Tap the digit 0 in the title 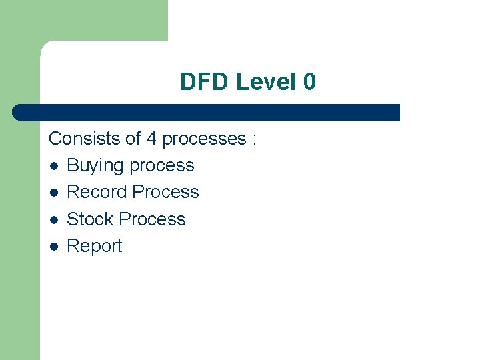[309, 83]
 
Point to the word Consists [87, 139]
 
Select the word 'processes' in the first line [204, 139]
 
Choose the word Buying [95, 166]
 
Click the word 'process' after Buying [161, 166]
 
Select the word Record [97, 192]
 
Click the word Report [95, 246]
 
